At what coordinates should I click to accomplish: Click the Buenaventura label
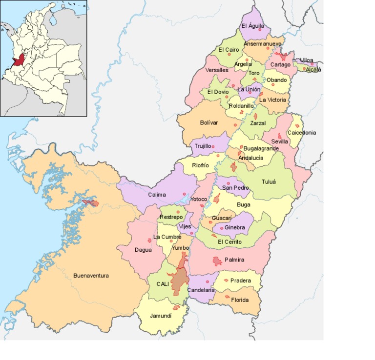[x=91, y=276]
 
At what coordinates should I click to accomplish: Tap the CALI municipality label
[x=163, y=283]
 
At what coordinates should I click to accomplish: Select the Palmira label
[x=234, y=260]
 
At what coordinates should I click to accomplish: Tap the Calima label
[x=157, y=195]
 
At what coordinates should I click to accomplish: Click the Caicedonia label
[x=301, y=133]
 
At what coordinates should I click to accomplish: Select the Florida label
[x=240, y=300]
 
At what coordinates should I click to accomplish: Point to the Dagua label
[x=143, y=250]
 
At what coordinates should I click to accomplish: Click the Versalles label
[x=217, y=70]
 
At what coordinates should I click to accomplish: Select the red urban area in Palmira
[x=217, y=261]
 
